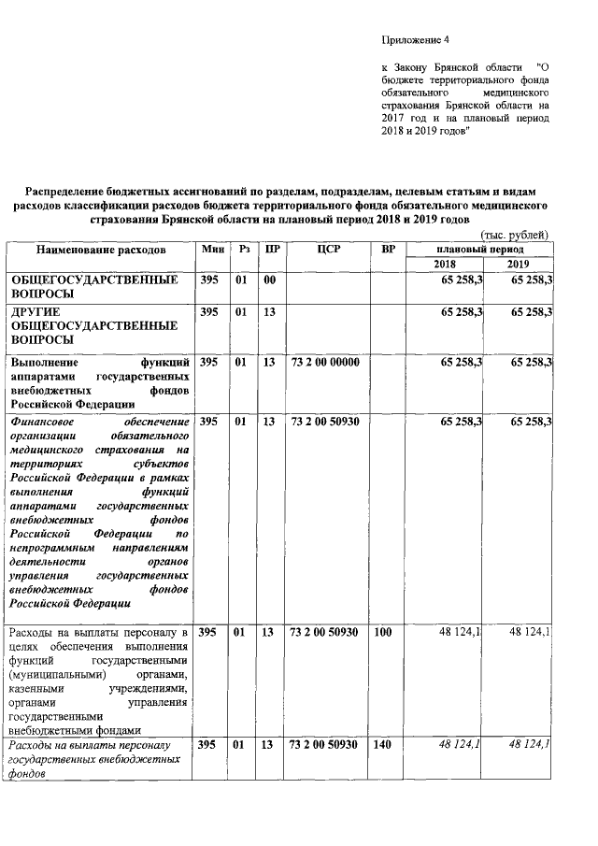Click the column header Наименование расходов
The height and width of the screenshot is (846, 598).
pos(101,251)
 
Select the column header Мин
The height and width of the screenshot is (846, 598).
pos(211,251)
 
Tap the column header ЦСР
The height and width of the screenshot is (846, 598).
pos(327,251)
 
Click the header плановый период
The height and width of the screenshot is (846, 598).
pos(480,251)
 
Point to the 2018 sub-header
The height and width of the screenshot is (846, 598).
pos(447,265)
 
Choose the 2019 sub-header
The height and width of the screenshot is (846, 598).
pos(518,265)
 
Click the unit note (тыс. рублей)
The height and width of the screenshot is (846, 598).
pos(512,235)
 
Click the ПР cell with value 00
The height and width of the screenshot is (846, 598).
pos(269,280)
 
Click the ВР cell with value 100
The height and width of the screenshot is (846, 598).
pos(382,633)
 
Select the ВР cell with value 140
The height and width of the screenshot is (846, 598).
pos(382,744)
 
